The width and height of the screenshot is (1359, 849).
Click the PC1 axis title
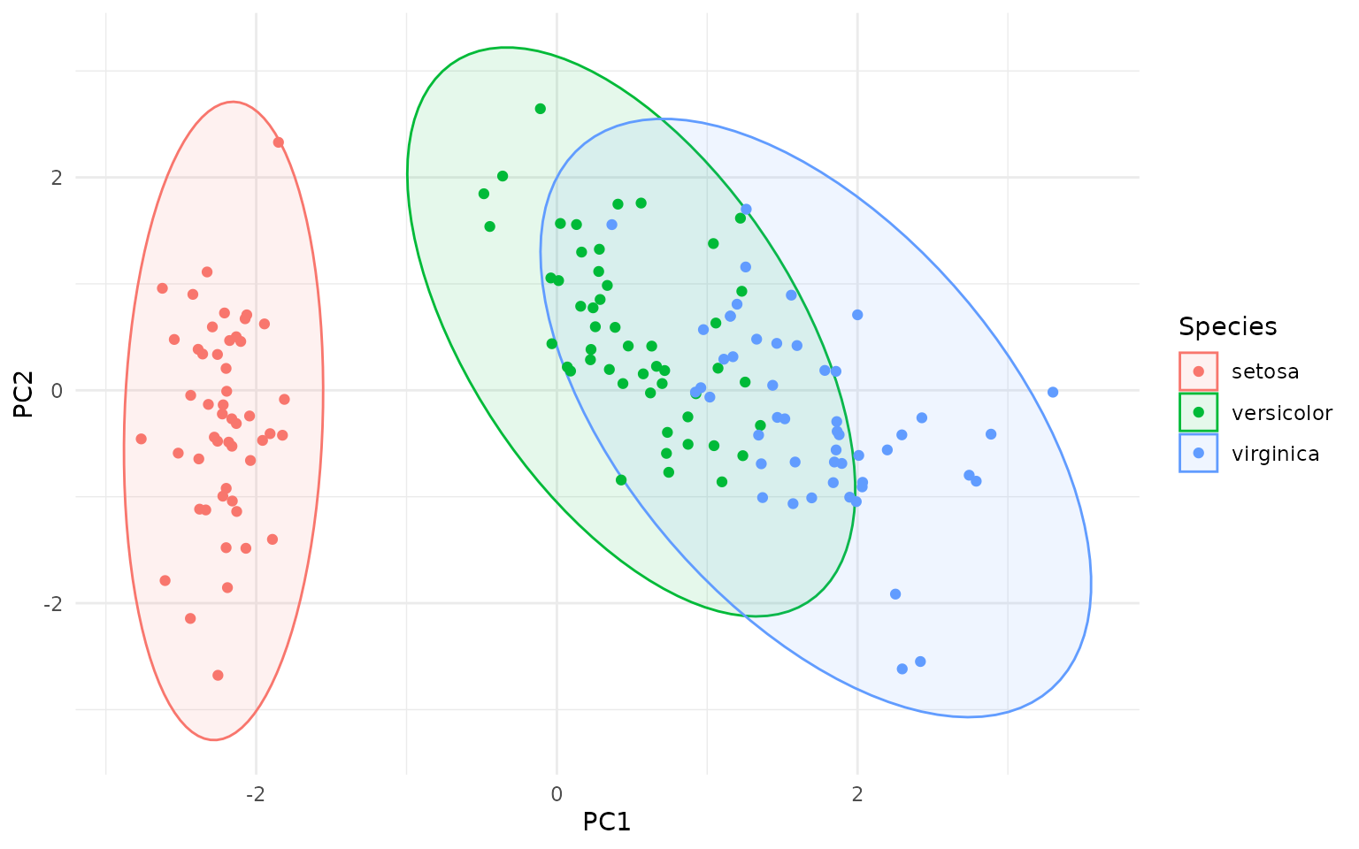click(x=606, y=822)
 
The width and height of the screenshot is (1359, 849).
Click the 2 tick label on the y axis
click(x=57, y=177)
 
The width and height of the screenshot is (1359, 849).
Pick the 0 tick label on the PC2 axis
click(x=57, y=390)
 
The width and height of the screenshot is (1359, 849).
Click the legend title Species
click(x=1227, y=327)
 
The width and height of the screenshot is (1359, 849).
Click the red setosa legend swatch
click(x=1198, y=371)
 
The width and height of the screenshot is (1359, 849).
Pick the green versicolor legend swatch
click(x=1198, y=413)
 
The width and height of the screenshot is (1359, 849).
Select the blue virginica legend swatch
click(x=1198, y=454)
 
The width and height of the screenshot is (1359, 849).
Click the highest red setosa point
click(x=279, y=142)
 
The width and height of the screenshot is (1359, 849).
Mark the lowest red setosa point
click(x=218, y=676)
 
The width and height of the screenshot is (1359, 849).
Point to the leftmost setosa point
click(x=141, y=439)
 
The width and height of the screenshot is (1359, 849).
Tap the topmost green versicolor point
click(x=540, y=109)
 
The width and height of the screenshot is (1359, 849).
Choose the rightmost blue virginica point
click(x=1053, y=392)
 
